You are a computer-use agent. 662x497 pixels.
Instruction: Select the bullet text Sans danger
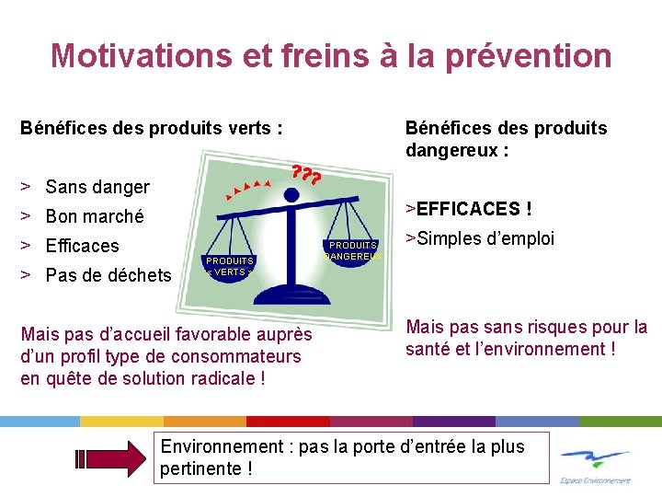click(x=97, y=187)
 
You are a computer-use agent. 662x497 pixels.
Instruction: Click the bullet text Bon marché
click(x=95, y=216)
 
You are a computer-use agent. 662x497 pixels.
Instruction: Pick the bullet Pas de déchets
click(x=108, y=275)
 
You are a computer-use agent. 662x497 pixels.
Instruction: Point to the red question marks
click(x=305, y=173)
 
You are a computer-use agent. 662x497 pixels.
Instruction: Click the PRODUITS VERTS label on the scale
click(x=229, y=267)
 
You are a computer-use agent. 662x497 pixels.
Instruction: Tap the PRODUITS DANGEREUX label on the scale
click(x=353, y=251)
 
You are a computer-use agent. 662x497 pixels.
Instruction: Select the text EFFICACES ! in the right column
click(x=474, y=209)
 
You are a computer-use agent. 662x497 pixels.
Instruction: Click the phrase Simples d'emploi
click(x=485, y=238)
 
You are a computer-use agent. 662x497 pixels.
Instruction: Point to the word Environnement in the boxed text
click(x=222, y=446)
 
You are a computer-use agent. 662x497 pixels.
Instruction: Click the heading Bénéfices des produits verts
click(x=151, y=128)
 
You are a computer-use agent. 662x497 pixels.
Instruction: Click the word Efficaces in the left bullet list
click(x=82, y=246)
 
